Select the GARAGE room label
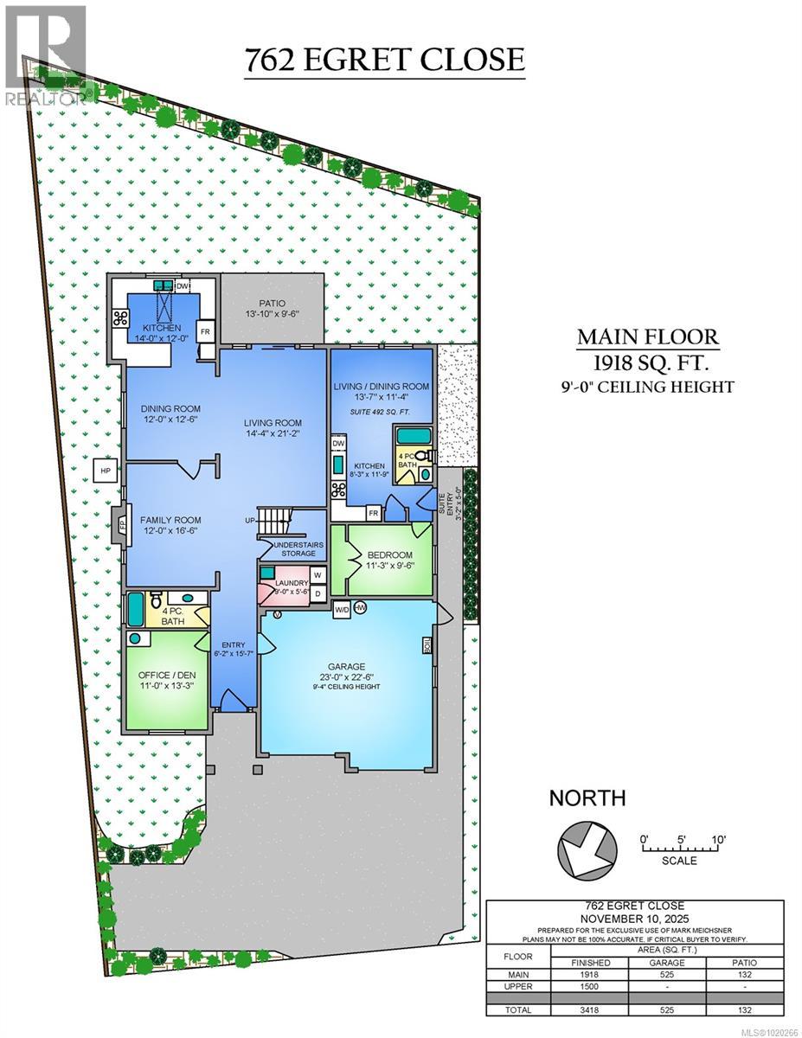click(345, 666)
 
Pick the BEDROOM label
click(389, 554)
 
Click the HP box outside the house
click(106, 471)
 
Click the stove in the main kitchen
click(120, 317)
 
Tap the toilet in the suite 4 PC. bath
click(421, 456)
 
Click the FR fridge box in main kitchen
click(206, 331)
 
